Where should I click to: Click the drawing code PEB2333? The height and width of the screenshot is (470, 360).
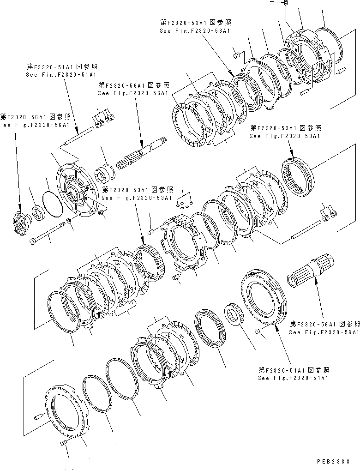pos(334,461)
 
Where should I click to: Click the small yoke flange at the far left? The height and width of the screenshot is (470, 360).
pos(21,218)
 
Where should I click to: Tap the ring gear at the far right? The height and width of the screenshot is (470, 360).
pos(296,175)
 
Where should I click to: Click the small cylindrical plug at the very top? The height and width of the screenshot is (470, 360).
pos(286,4)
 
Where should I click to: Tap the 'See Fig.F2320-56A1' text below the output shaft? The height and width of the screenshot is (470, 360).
pos(323,332)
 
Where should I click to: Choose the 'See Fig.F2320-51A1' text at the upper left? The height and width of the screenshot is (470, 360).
pos(60,74)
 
